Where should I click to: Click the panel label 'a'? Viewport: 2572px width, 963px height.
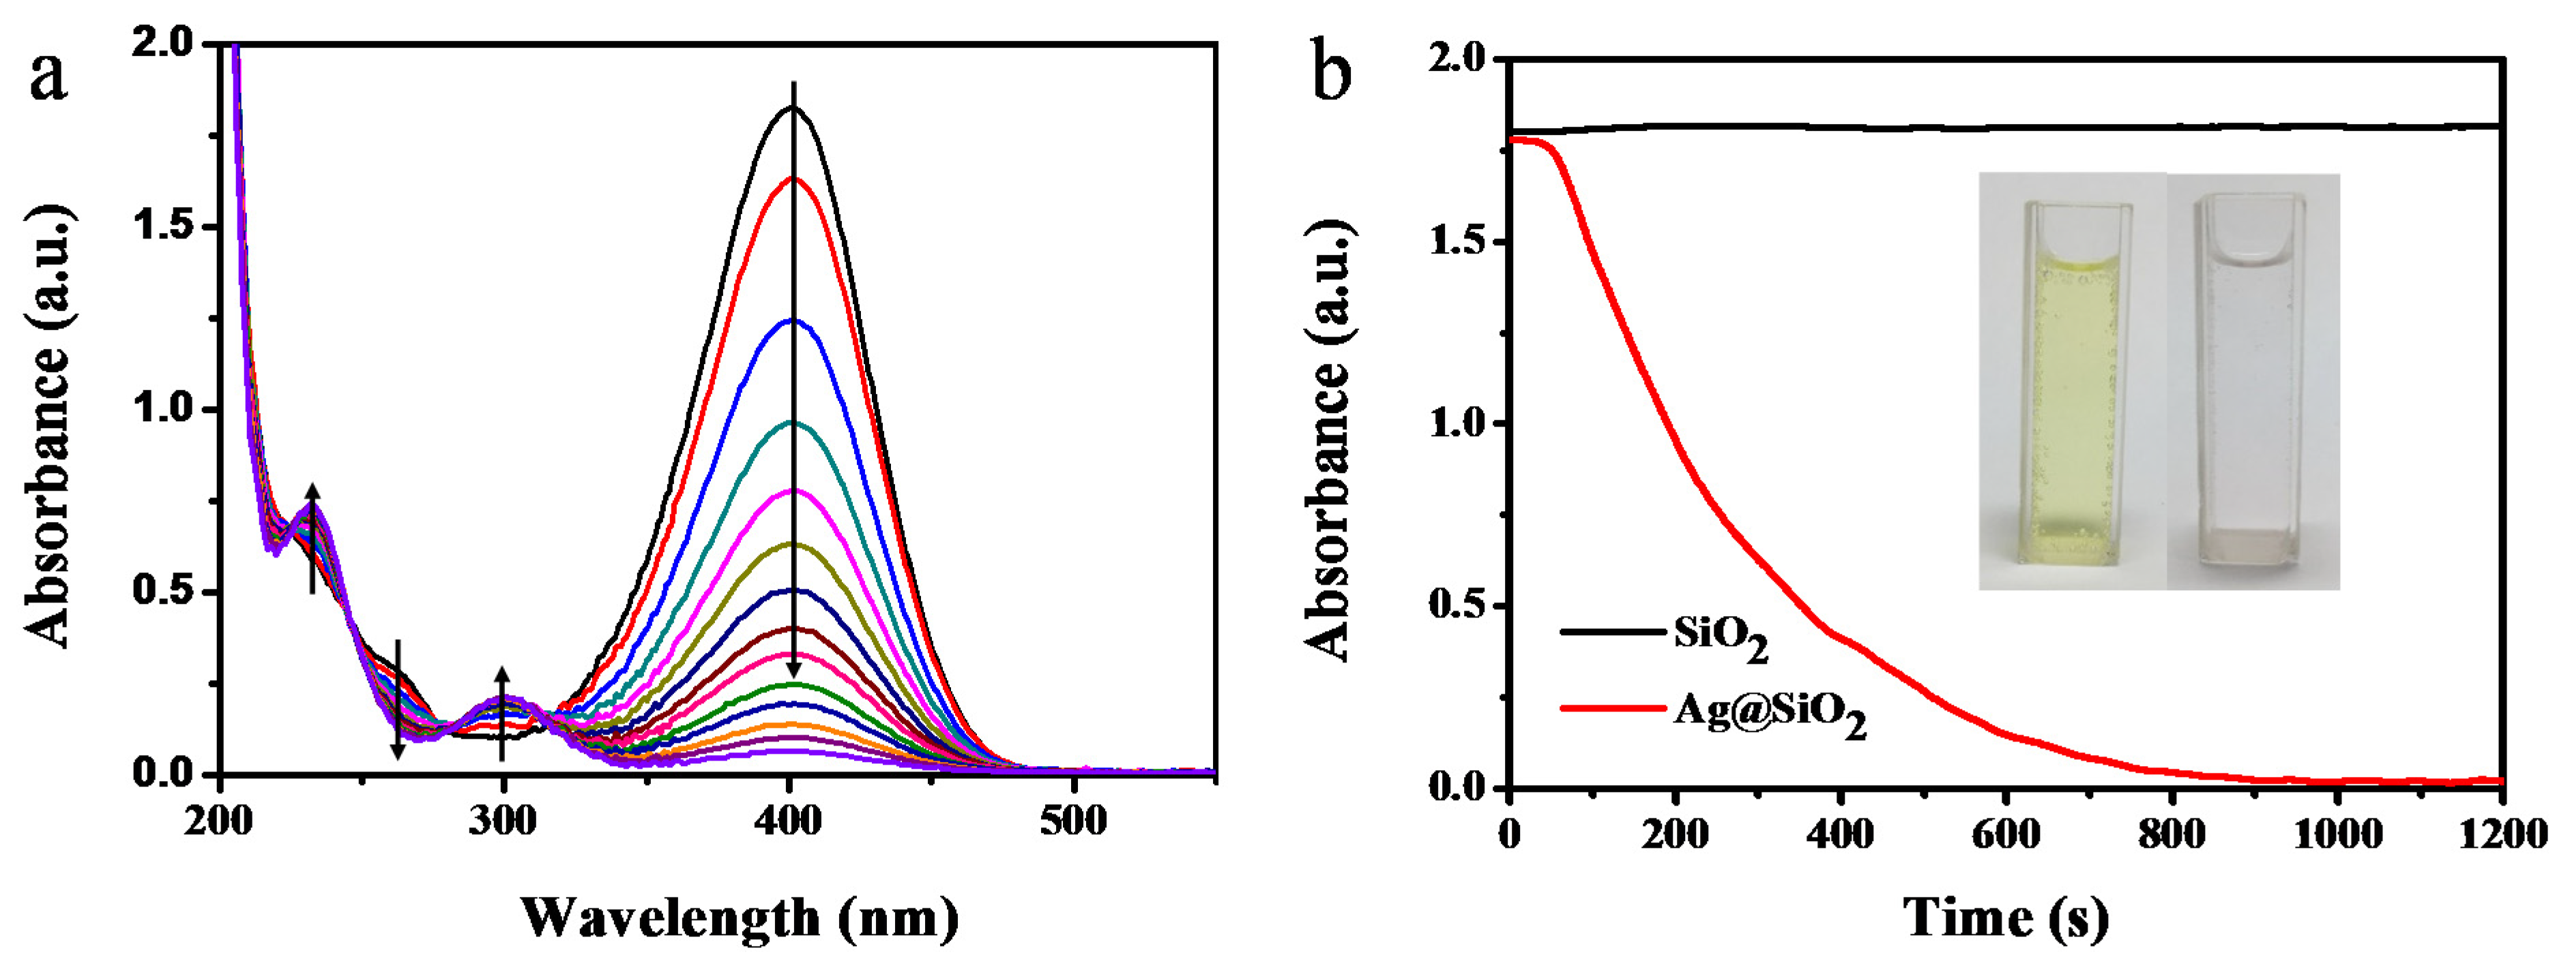pyautogui.click(x=48, y=78)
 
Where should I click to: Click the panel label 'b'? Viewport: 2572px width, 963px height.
pyautogui.click(x=1331, y=72)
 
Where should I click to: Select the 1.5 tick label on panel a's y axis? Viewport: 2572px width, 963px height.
pyautogui.click(x=164, y=228)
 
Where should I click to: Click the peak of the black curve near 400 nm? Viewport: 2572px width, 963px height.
pyautogui.click(x=793, y=108)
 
